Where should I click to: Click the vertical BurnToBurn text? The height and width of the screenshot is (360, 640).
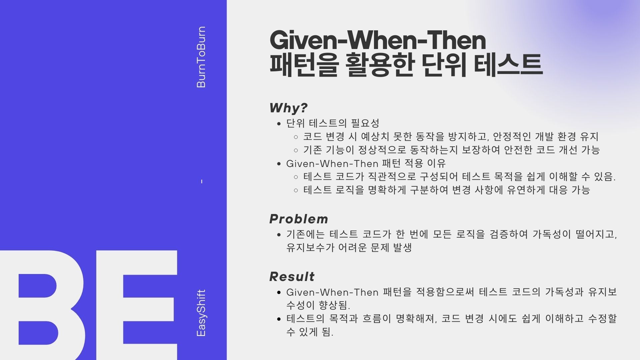201,57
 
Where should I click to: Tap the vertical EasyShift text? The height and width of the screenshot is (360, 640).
201,313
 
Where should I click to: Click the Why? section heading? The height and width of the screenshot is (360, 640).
289,108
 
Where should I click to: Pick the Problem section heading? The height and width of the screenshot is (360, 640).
299,219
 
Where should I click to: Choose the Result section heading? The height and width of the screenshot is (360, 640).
292,277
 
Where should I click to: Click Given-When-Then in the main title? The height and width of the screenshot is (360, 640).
378,40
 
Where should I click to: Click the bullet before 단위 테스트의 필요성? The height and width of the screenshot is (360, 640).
279,124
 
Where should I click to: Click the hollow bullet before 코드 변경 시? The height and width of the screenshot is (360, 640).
296,137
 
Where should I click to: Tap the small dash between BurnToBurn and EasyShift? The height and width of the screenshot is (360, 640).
202,182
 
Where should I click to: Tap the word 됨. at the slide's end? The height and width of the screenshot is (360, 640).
328,332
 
